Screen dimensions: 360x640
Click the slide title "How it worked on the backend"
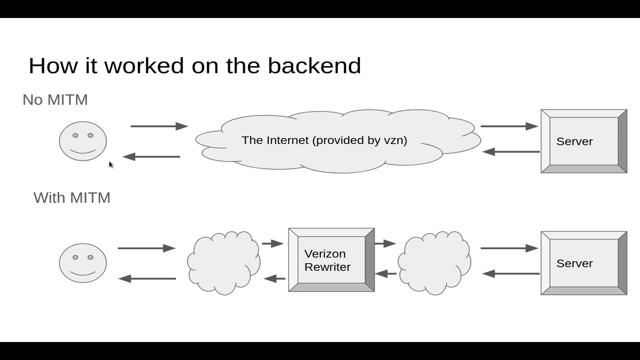pyautogui.click(x=194, y=66)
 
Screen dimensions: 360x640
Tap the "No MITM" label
pyautogui.click(x=55, y=100)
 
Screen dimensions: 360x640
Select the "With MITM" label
pyautogui.click(x=72, y=198)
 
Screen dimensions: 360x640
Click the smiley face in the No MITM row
pyautogui.click(x=83, y=141)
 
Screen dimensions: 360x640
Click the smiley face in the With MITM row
pyautogui.click(x=83, y=263)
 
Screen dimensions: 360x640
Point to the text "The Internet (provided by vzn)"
pyautogui.click(x=324, y=140)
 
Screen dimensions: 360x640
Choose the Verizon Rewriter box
pyautogui.click(x=331, y=260)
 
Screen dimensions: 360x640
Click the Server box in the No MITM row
pyautogui.click(x=583, y=141)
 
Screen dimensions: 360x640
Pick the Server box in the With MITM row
pyautogui.click(x=583, y=263)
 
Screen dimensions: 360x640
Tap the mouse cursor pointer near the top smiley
pyautogui.click(x=110, y=164)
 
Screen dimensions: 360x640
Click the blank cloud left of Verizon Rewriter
pyautogui.click(x=223, y=262)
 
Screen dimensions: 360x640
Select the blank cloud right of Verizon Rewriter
pyautogui.click(x=434, y=262)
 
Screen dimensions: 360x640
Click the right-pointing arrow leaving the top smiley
pyautogui.click(x=159, y=126)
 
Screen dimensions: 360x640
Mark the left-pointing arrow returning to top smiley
pyautogui.click(x=151, y=156)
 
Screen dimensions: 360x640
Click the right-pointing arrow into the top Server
pyautogui.click(x=509, y=126)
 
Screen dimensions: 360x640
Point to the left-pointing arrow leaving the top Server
pyautogui.click(x=511, y=151)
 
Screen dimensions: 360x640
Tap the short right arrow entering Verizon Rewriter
pyautogui.click(x=272, y=243)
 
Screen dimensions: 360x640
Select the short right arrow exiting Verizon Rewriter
pyautogui.click(x=385, y=243)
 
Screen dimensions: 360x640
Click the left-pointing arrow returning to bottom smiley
pyautogui.click(x=147, y=278)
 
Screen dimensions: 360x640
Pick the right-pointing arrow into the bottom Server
pyautogui.click(x=509, y=248)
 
